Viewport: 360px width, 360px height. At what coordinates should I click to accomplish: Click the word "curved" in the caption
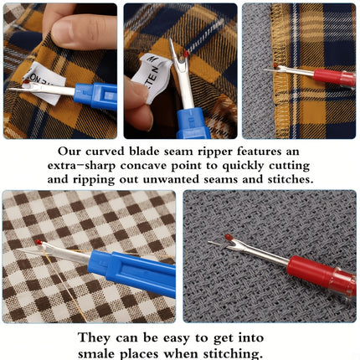pyautogui.click(x=105, y=152)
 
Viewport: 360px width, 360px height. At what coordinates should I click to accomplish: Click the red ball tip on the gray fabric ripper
pyautogui.click(x=229, y=237)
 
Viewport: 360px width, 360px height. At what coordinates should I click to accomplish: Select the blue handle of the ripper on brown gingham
pyautogui.click(x=132, y=273)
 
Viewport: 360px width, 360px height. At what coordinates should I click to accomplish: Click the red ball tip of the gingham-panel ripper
pyautogui.click(x=39, y=242)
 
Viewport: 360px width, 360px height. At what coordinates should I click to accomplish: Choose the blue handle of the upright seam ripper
pyautogui.click(x=193, y=123)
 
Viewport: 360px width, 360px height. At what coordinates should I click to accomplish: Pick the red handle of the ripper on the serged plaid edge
pyautogui.click(x=334, y=78)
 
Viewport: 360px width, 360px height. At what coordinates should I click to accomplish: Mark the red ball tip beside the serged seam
pyautogui.click(x=275, y=66)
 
